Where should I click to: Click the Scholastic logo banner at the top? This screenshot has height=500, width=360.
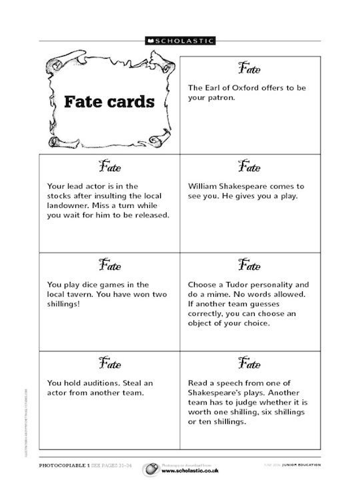(x=180, y=41)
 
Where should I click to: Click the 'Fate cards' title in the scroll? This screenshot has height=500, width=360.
(x=109, y=102)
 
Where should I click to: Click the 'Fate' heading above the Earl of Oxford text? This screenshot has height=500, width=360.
(x=249, y=69)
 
